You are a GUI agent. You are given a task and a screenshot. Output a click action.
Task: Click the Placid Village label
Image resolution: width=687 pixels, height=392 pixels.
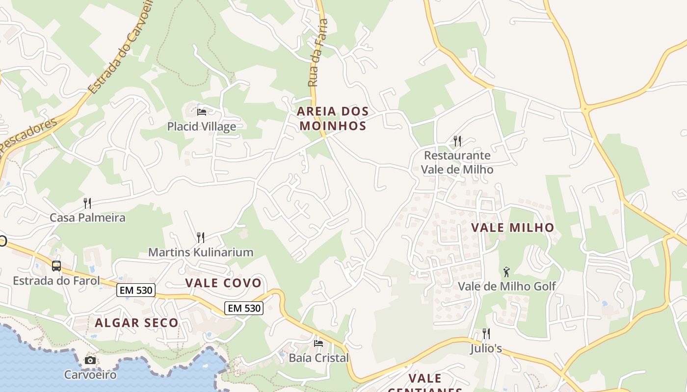(x=201, y=126)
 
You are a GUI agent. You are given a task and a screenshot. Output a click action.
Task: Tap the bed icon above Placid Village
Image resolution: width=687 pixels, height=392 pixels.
(x=201, y=112)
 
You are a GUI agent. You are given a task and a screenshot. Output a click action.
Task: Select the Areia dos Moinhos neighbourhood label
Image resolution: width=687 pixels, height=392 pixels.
(x=333, y=119)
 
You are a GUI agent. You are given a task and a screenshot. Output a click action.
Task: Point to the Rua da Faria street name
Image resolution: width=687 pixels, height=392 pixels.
(x=317, y=53)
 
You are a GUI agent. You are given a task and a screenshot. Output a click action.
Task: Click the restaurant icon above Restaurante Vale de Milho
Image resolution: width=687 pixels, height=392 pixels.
(x=457, y=141)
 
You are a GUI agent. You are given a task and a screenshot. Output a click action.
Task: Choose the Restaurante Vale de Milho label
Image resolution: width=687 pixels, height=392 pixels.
(x=457, y=162)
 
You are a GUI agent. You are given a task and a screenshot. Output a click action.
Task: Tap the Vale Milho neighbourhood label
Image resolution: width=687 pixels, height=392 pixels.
(x=512, y=228)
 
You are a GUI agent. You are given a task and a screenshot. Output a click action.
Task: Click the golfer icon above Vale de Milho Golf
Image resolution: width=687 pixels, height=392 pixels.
(x=506, y=271)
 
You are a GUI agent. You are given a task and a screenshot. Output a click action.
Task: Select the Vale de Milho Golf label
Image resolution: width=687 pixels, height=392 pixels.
(x=506, y=286)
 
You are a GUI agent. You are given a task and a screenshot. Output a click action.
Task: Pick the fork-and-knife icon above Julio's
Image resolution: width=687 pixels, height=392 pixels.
(x=486, y=334)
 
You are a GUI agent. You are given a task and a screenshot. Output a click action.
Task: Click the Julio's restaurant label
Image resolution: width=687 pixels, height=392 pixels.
(x=486, y=348)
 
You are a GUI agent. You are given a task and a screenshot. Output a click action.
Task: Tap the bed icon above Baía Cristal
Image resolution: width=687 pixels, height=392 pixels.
(x=318, y=343)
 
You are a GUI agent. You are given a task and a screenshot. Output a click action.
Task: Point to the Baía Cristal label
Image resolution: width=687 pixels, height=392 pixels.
(x=318, y=358)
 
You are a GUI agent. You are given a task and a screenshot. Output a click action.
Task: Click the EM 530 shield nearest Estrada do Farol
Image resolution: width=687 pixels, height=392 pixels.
(x=136, y=291)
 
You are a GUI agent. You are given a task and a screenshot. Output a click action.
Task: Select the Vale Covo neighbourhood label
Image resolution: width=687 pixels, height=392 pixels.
(x=223, y=283)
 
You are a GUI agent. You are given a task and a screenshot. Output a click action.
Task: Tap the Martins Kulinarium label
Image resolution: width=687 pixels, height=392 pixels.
(x=201, y=252)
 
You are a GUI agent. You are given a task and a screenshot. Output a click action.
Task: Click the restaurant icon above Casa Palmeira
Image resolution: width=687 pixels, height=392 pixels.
(x=87, y=203)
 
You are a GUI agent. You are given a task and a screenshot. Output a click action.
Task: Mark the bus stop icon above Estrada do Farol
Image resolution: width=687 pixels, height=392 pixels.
(x=56, y=266)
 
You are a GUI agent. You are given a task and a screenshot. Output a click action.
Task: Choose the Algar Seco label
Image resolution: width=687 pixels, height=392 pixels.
(x=136, y=323)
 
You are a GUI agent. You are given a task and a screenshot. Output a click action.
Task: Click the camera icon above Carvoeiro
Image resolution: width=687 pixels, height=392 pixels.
(x=90, y=361)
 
